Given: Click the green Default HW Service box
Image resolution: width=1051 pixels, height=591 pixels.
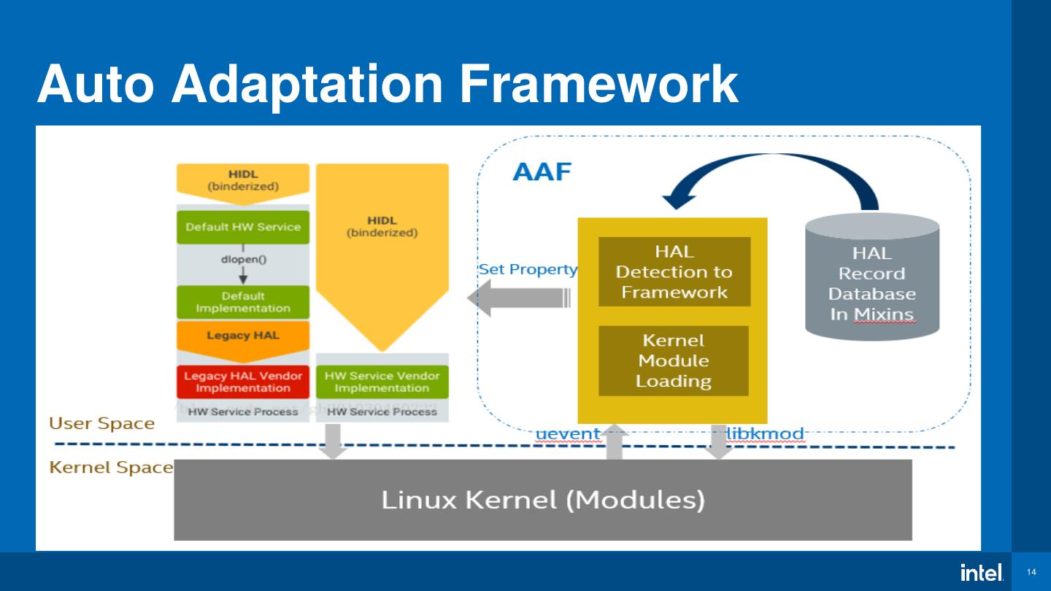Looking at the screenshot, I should [243, 227].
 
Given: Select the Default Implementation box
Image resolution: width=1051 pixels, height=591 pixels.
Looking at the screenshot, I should [243, 302].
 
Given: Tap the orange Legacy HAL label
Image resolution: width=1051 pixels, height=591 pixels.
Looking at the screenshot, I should [243, 336].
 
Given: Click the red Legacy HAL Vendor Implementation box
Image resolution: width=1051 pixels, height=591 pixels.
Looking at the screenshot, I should [243, 382].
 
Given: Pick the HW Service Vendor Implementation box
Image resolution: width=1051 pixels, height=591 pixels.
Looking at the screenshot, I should [382, 382].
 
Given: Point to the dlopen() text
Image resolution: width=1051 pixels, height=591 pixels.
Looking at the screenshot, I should [243, 259].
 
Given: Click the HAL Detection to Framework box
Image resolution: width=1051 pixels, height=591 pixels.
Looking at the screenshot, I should [674, 272].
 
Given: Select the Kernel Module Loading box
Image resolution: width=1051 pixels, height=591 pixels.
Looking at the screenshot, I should [674, 360].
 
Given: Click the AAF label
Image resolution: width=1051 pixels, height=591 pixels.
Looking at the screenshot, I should [542, 172].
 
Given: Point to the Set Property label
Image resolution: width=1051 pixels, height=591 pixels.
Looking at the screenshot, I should [528, 269].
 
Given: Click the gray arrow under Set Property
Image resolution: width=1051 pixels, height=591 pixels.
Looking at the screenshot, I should [518, 298].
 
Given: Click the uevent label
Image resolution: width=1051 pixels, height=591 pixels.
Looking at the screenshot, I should [567, 434].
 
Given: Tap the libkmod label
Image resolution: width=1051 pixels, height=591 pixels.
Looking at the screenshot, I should [765, 434].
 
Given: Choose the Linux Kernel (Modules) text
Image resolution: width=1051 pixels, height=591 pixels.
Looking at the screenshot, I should [543, 500].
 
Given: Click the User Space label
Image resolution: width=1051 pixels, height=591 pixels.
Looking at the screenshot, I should [101, 424].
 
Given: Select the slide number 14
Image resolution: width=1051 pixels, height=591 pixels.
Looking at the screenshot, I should [1031, 572].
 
